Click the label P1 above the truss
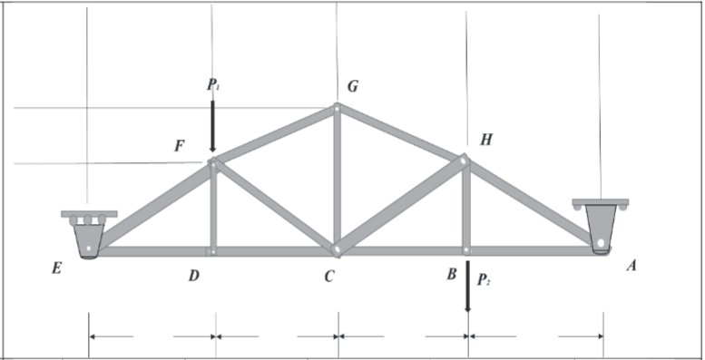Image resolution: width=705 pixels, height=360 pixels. click(x=213, y=85)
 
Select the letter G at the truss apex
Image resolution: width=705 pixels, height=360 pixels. click(x=353, y=87)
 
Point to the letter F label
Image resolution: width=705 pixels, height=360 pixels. click(x=180, y=146)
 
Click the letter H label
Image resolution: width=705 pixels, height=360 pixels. click(x=486, y=140)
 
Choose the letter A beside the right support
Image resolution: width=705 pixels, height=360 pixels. click(x=632, y=267)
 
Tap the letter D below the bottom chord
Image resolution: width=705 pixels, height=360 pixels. click(x=193, y=275)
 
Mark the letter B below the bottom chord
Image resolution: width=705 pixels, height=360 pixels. click(x=451, y=274)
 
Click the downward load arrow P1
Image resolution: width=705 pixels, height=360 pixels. click(x=213, y=127)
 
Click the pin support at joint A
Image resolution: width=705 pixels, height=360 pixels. click(x=601, y=226)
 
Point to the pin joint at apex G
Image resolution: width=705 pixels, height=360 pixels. click(x=337, y=108)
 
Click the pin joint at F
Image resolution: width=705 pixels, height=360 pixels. click(x=213, y=164)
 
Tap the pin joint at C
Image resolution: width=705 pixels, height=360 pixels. click(x=336, y=248)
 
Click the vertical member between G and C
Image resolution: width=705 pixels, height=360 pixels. click(x=337, y=177)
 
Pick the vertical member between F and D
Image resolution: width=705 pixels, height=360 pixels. click(x=213, y=208)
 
